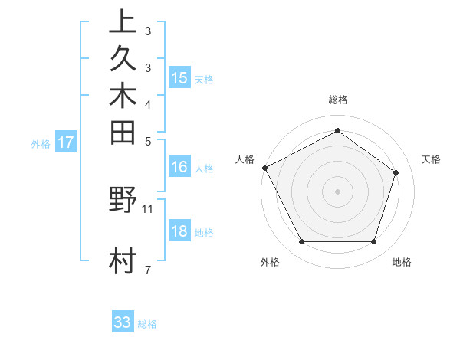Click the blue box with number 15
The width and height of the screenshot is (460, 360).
coord(179,77)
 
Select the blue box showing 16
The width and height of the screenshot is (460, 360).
coord(179,167)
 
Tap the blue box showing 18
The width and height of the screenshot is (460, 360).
coord(179,231)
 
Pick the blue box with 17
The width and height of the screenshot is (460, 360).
coord(67,142)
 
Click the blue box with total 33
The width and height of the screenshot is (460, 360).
coord(123,322)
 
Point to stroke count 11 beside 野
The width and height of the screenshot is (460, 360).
coord(148,208)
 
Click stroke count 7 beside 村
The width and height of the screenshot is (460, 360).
coord(147,270)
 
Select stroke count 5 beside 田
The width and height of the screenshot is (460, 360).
coord(147,141)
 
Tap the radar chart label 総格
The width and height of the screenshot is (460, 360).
coord(338,100)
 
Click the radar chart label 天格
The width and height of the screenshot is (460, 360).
coord(431,159)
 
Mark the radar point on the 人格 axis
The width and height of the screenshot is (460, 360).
coord(264,167)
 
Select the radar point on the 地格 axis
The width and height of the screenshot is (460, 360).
coord(373,242)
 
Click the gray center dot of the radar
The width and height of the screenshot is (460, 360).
coord(337,191)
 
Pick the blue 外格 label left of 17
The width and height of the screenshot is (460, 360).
coord(41,142)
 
